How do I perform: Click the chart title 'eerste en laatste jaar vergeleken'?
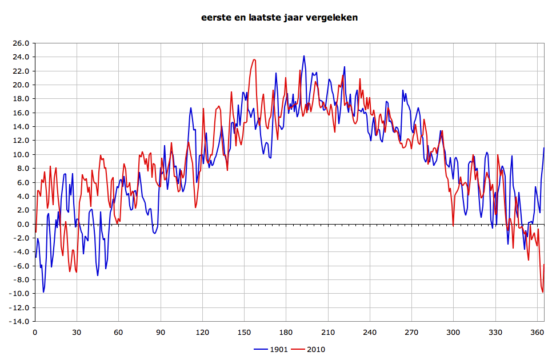click(x=279, y=18)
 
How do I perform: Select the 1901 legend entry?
click(x=272, y=349)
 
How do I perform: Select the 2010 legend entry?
click(x=309, y=349)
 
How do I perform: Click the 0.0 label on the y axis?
click(x=22, y=224)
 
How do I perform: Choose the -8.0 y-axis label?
click(x=21, y=280)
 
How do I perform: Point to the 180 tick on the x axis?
click(x=286, y=332)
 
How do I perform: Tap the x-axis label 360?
click(x=537, y=332)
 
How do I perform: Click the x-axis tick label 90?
click(x=161, y=332)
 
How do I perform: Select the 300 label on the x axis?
click(x=453, y=332)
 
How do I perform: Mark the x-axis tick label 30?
click(x=77, y=332)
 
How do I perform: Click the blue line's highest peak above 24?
click(x=304, y=56)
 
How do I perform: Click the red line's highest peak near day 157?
click(x=254, y=59)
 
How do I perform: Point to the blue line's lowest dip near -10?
click(x=43, y=292)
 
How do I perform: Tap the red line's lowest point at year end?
click(x=543, y=292)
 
